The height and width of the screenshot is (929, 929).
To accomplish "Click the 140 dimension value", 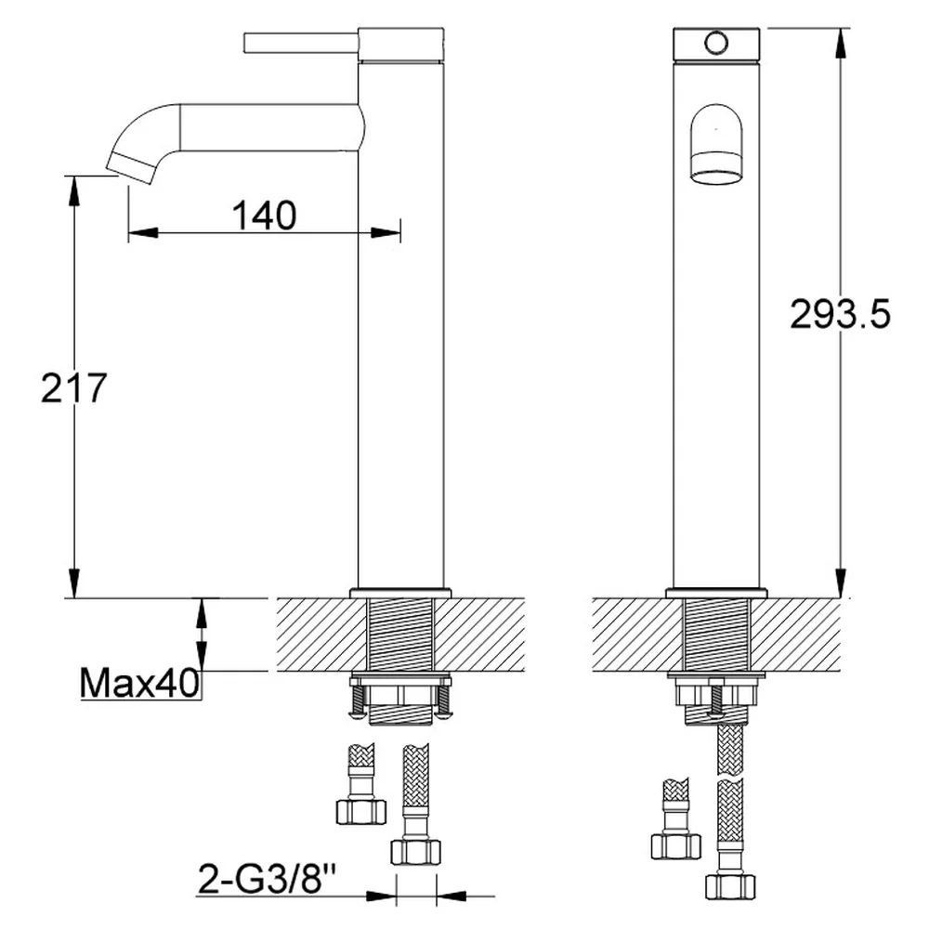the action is coord(264,216).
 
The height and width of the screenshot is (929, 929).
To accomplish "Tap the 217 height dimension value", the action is coord(73,388).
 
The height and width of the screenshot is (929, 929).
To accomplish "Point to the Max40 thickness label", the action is coord(140,683).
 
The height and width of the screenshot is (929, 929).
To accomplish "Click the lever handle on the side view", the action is coord(302,43).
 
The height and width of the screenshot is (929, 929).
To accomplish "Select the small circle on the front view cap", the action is coord(716,42).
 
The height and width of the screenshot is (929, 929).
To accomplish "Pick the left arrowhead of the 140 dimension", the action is coord(143,232).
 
